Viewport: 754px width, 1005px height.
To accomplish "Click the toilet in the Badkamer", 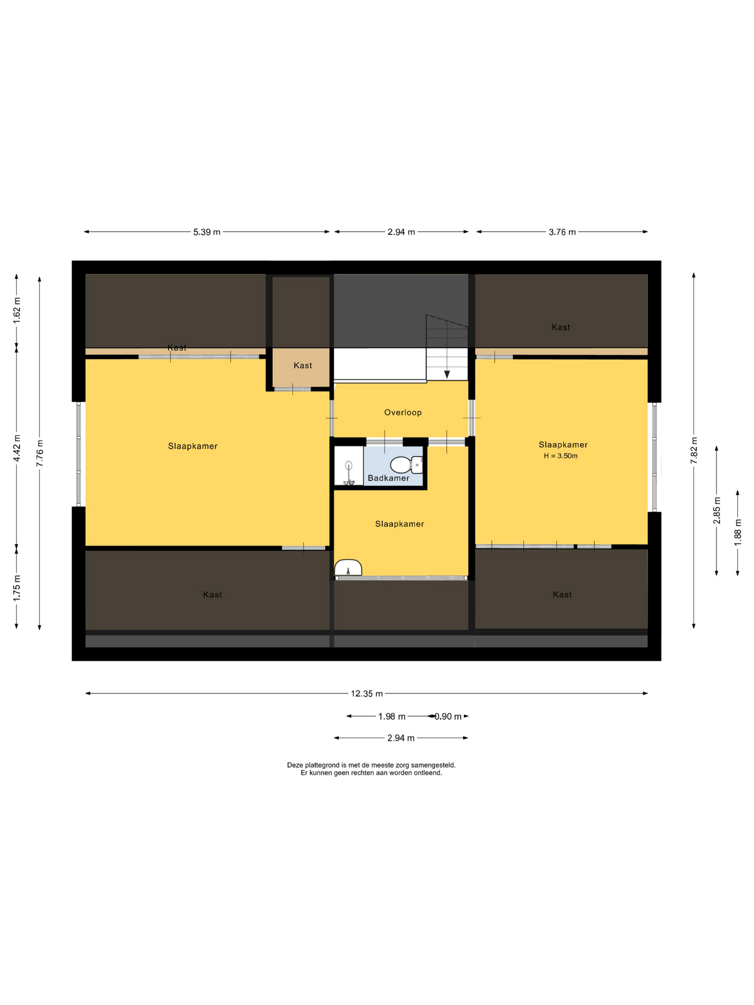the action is pos(406,464).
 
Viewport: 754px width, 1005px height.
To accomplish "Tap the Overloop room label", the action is pos(403,412).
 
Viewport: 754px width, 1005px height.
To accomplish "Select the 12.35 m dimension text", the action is pos(367,694).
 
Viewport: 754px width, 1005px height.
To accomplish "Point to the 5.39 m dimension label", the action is pos(207,232).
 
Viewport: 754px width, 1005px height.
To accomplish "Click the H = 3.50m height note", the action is pos(560,456).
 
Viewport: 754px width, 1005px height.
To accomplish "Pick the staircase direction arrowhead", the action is pos(447,374).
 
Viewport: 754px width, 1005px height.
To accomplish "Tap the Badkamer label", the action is pos(389,478).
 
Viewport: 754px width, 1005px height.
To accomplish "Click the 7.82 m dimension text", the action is pos(694,450).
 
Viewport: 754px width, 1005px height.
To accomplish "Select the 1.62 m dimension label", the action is pos(17,311).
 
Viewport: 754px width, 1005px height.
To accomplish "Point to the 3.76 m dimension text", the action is pos(562,232).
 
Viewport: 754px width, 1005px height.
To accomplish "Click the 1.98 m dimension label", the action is pos(392,717).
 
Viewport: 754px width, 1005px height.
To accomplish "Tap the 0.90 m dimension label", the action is pos(448,717).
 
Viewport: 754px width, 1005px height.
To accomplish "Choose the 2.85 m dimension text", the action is pos(717,510).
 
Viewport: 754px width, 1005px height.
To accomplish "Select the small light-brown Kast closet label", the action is pos(303,365).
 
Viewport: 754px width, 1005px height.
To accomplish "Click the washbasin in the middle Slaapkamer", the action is pos(348,568).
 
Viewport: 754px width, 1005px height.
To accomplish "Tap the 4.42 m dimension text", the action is pos(17,448).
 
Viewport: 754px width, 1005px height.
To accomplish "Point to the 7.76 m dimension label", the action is pos(40,453).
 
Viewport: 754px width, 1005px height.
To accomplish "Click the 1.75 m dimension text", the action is pos(17,588).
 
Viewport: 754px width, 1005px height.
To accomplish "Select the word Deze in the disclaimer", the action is pos(295,765).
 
